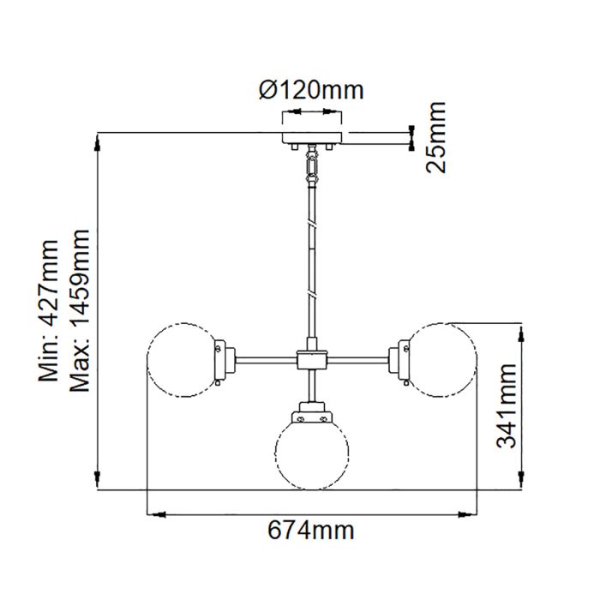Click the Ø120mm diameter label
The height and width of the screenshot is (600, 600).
pyautogui.click(x=310, y=89)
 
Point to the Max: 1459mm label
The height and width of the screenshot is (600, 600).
pyautogui.click(x=80, y=310)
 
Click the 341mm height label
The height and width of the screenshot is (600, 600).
pyautogui.click(x=508, y=405)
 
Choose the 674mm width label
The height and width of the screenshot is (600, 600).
pyautogui.click(x=311, y=531)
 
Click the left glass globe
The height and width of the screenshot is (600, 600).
pyautogui.click(x=183, y=360)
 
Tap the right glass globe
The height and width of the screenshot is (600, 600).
pyautogui.click(x=441, y=360)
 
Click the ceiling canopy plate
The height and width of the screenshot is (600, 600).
pyautogui.click(x=312, y=137)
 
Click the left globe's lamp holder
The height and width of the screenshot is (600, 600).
pyautogui.click(x=225, y=360)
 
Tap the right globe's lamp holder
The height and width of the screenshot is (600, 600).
pyautogui.click(x=399, y=360)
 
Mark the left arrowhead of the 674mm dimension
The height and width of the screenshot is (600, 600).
pyautogui.click(x=154, y=514)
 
